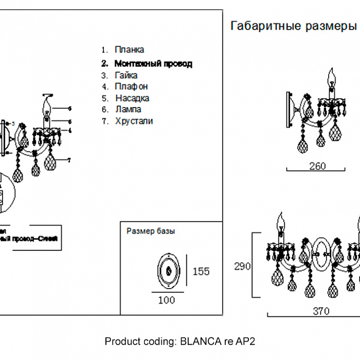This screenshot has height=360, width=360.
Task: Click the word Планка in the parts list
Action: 129,50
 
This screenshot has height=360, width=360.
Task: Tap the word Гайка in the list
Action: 126,76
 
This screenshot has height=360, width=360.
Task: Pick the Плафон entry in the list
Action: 131,87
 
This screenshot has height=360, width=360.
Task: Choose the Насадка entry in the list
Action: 132,98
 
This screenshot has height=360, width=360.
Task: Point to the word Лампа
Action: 128,110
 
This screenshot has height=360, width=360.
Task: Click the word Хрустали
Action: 134,121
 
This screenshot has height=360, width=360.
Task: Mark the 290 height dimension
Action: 242,266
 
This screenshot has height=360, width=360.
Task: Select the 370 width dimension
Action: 321,311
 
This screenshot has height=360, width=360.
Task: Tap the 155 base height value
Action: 201,271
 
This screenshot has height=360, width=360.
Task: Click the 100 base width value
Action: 166,300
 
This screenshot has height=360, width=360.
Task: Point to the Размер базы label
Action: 151,231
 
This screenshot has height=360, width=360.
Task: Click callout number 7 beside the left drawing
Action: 68,160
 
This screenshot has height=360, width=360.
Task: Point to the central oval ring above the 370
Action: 323,253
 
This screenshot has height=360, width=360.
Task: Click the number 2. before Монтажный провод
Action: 104,64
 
